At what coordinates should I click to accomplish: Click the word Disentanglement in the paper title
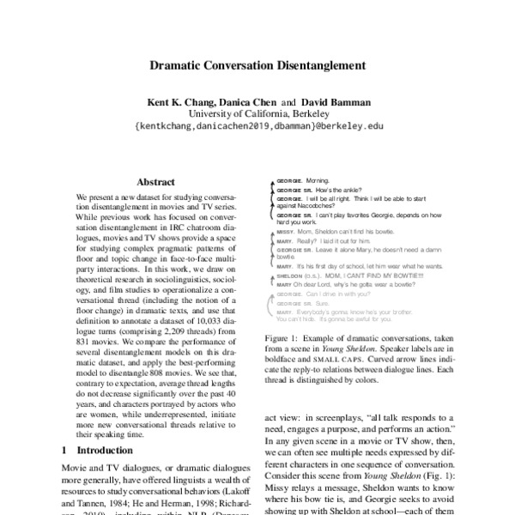click(x=317, y=64)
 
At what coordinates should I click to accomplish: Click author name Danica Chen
click(x=254, y=102)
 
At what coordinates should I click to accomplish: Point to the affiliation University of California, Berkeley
click(x=257, y=114)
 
